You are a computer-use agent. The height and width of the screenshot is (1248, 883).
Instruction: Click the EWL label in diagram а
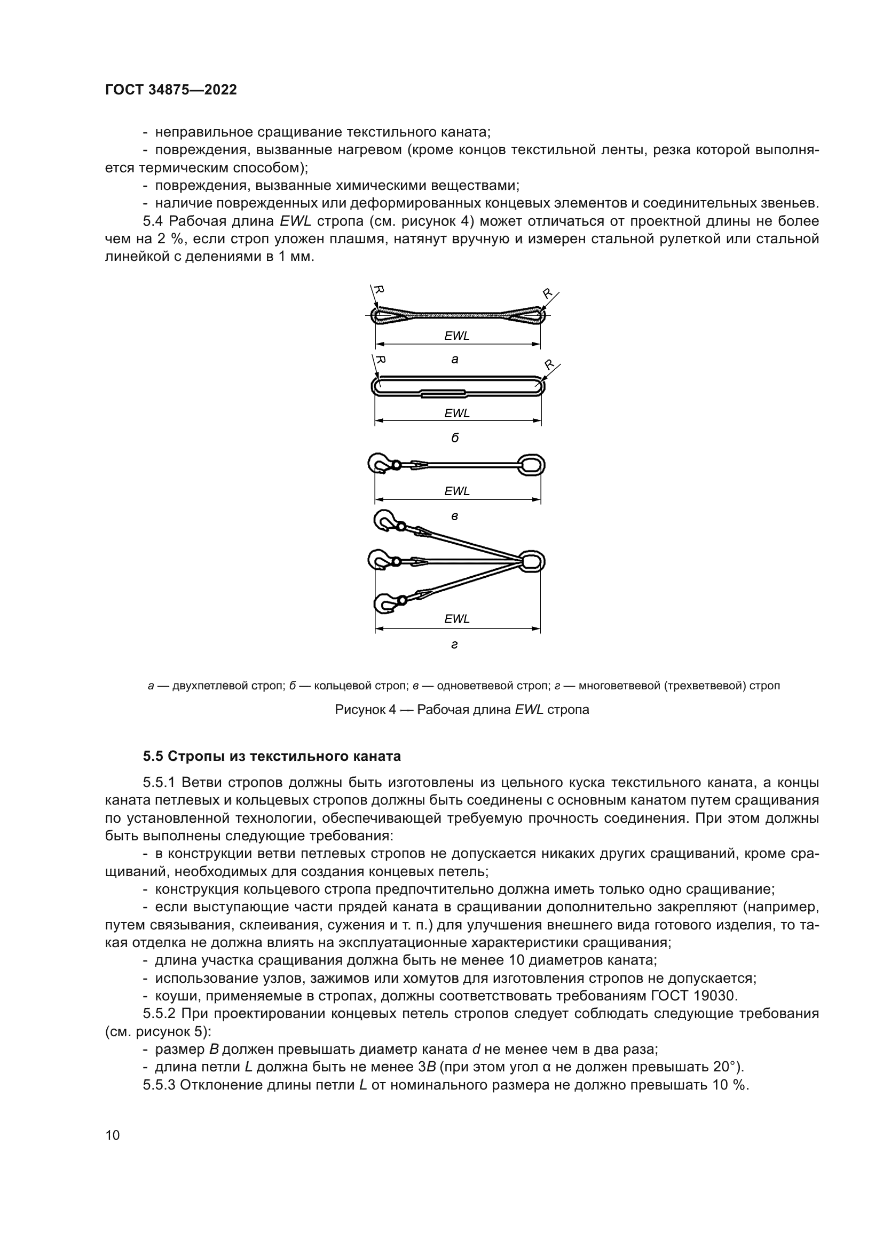[457, 336]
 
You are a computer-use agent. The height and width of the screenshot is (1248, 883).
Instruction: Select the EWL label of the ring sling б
[457, 413]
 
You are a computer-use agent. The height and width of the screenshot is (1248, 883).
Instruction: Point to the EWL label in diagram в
[457, 491]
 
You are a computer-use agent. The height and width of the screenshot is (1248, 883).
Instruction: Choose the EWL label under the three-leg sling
[457, 619]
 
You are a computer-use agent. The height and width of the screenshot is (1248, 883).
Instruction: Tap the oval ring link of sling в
[531, 465]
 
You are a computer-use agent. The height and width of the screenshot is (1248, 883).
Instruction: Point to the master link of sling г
[531, 561]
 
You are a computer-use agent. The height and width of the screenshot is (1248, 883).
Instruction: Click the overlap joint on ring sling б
[444, 394]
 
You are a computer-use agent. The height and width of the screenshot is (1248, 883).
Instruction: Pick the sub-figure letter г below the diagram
[454, 645]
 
